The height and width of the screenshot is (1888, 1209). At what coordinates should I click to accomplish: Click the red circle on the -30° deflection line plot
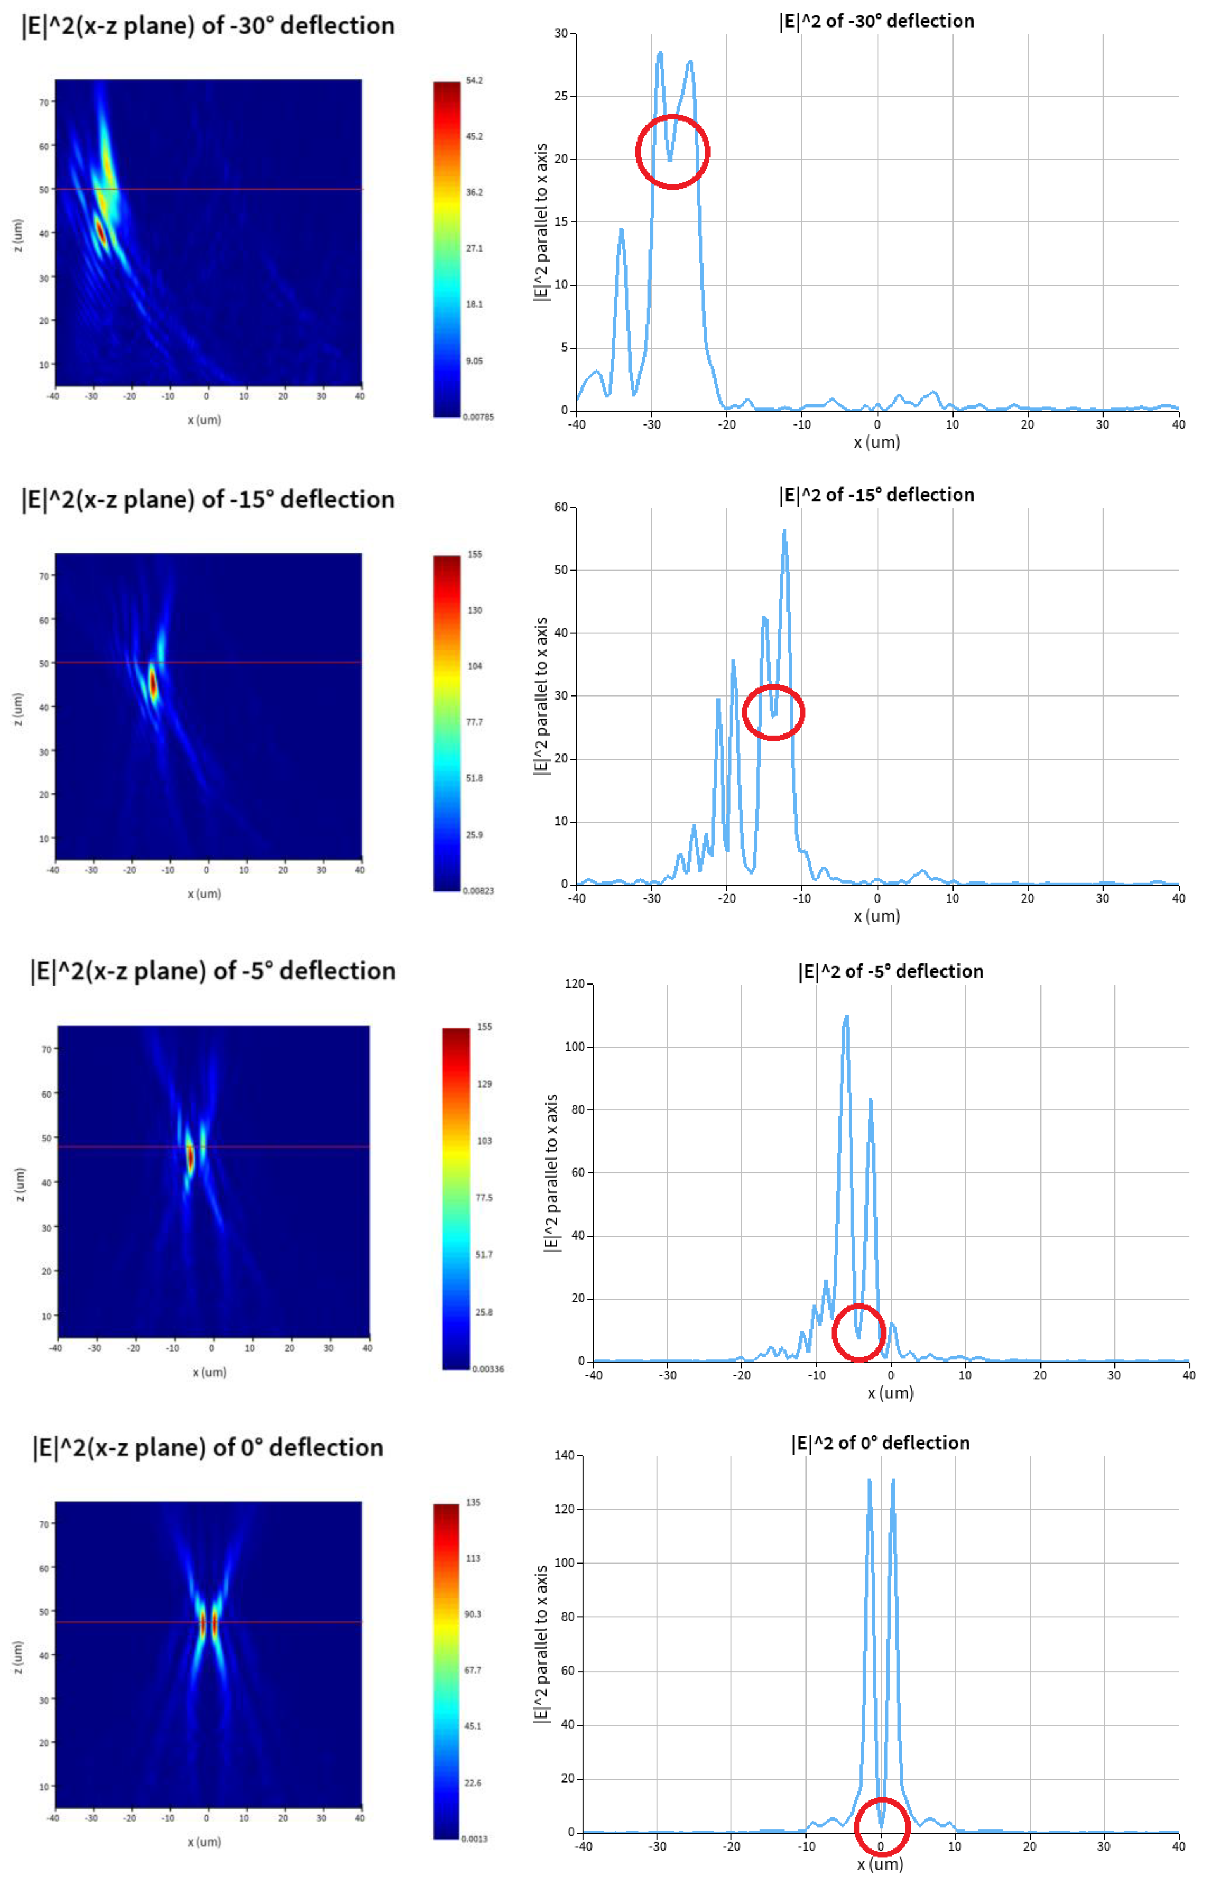click(672, 152)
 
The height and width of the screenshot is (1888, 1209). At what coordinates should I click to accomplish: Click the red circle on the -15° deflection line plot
click(773, 712)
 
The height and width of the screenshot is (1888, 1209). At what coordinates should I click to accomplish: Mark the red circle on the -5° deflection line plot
click(859, 1332)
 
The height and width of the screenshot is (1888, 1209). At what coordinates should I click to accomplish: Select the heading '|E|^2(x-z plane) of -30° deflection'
click(208, 26)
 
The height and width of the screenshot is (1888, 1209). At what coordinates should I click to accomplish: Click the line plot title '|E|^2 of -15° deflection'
click(876, 495)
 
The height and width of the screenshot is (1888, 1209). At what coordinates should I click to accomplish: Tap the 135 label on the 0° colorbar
click(473, 1503)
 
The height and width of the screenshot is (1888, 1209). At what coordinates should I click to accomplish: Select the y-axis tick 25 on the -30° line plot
click(561, 96)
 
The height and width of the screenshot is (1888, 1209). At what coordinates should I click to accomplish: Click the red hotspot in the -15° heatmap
click(153, 683)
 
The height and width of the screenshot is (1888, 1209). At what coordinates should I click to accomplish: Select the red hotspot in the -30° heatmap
click(100, 231)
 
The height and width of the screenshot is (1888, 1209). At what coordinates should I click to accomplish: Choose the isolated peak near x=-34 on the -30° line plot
click(621, 230)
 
